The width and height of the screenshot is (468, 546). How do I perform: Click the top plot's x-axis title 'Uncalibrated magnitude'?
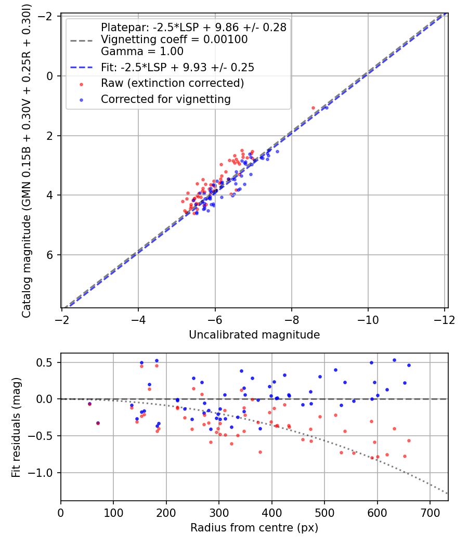[x=254, y=334]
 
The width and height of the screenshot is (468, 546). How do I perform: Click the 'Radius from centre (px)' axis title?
[x=254, y=528]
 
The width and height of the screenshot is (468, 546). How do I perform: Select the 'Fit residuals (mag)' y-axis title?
[x=16, y=427]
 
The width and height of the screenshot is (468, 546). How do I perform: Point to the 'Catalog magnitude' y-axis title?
[x=26, y=162]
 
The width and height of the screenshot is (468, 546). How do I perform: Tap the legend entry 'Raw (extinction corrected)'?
[x=172, y=83]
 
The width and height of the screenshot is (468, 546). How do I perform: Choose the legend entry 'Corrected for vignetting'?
[x=166, y=99]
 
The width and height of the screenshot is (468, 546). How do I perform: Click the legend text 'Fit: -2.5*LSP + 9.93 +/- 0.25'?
[x=177, y=68]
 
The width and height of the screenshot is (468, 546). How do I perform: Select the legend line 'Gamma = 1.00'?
[x=142, y=51]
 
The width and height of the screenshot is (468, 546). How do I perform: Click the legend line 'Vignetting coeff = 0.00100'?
[x=174, y=40]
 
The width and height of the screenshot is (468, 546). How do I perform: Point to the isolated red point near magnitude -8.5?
[x=313, y=108]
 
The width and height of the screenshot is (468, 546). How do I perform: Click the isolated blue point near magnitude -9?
[x=327, y=108]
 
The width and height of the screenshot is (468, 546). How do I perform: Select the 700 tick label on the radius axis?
[x=430, y=512]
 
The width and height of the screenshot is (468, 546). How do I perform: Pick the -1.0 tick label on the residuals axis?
[x=44, y=473]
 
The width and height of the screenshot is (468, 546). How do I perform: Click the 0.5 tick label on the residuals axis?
[x=48, y=362]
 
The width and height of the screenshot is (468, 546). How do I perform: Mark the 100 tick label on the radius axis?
[x=113, y=512]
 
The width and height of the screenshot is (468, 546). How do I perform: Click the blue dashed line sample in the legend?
[x=82, y=68]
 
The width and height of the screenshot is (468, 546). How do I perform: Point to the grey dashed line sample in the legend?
[x=82, y=40]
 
